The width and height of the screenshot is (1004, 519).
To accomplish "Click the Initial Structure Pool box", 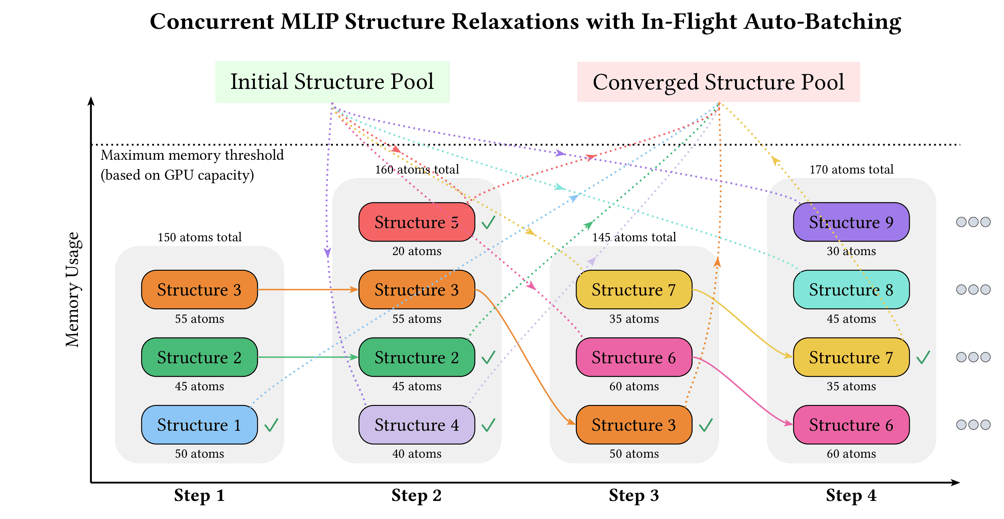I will coord(332,82).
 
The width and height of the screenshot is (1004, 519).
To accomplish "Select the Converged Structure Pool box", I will coord(718,82).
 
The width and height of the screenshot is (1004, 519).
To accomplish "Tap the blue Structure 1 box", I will coord(199,425).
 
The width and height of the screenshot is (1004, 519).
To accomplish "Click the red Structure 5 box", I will coord(416,222).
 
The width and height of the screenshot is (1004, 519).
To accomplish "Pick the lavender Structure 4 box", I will coord(416,425).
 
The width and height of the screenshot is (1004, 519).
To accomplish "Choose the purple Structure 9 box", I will coord(851,222).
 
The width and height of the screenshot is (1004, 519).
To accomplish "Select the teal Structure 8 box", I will coord(851,289).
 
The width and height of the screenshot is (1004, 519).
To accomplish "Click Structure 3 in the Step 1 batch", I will coord(199,289).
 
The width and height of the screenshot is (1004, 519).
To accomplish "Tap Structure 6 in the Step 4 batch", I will coord(851,425).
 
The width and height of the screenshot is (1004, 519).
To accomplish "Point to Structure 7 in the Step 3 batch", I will coord(634,289).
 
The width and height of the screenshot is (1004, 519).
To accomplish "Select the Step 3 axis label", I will coord(634,496).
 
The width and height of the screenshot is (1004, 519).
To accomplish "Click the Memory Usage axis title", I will coord(72,289).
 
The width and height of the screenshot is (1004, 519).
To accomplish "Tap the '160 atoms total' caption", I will coord(417,170).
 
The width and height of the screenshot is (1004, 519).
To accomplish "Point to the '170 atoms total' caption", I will coord(851,170).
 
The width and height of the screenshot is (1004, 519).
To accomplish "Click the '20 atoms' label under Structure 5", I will coord(417,251).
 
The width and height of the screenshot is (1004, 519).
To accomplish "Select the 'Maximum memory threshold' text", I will coord(192,155).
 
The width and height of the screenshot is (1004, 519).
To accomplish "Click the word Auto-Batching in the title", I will coord(822,22).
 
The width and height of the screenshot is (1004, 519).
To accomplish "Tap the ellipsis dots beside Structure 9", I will coord(973,222).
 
